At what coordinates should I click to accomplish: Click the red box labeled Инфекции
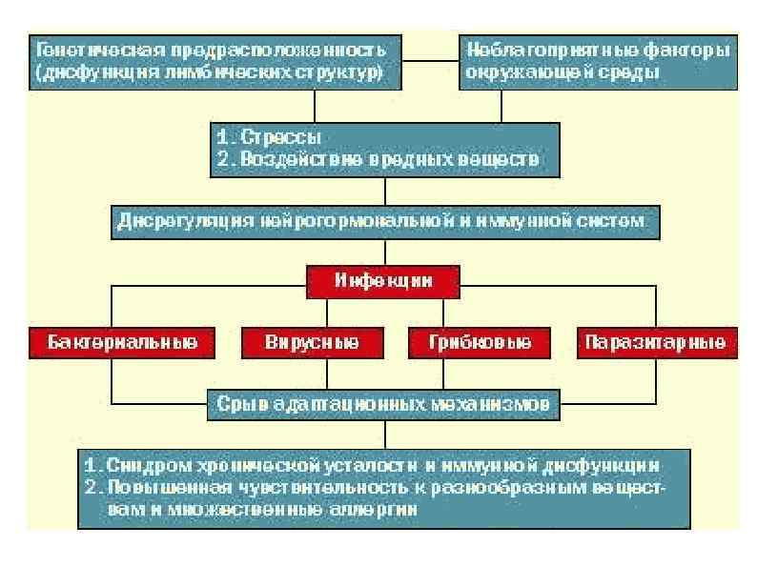(383, 280)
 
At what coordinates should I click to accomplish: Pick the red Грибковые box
(468, 342)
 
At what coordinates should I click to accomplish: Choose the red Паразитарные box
(656, 342)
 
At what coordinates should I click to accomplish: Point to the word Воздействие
(282, 159)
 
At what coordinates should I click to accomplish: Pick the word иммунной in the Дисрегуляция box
(545, 220)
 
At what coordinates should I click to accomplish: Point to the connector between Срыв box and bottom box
(384, 432)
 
